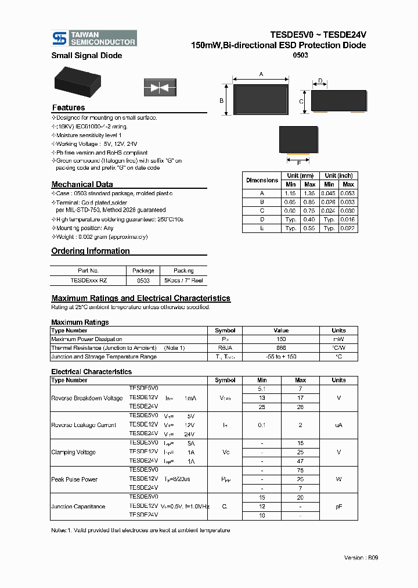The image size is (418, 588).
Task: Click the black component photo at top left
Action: pyautogui.click(x=81, y=84)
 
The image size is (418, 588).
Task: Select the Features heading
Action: pyautogui.click(x=69, y=107)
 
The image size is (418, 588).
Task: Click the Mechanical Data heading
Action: pyautogui.click(x=82, y=184)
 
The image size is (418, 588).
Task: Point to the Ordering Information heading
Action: pyautogui.click(x=91, y=251)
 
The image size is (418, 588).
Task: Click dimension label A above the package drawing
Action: pyautogui.click(x=261, y=74)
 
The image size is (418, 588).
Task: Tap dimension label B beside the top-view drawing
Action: pyautogui.click(x=221, y=101)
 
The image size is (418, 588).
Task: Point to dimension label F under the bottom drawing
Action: pyautogui.click(x=299, y=163)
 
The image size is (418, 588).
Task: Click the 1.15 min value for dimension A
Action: pyautogui.click(x=291, y=193)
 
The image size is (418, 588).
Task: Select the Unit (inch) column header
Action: pyautogui.click(x=338, y=175)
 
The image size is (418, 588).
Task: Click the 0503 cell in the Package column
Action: pyautogui.click(x=143, y=280)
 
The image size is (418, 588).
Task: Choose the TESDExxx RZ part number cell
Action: pyautogui.click(x=88, y=280)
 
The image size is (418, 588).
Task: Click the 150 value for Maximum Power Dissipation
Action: pyautogui.click(x=281, y=339)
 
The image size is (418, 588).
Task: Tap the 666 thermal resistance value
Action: pyautogui.click(x=281, y=347)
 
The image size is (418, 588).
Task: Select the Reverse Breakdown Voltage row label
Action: pyautogui.click(x=87, y=399)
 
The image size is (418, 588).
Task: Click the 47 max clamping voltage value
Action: pyautogui.click(x=300, y=461)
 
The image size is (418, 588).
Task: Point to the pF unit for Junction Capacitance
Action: pyautogui.click(x=338, y=507)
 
